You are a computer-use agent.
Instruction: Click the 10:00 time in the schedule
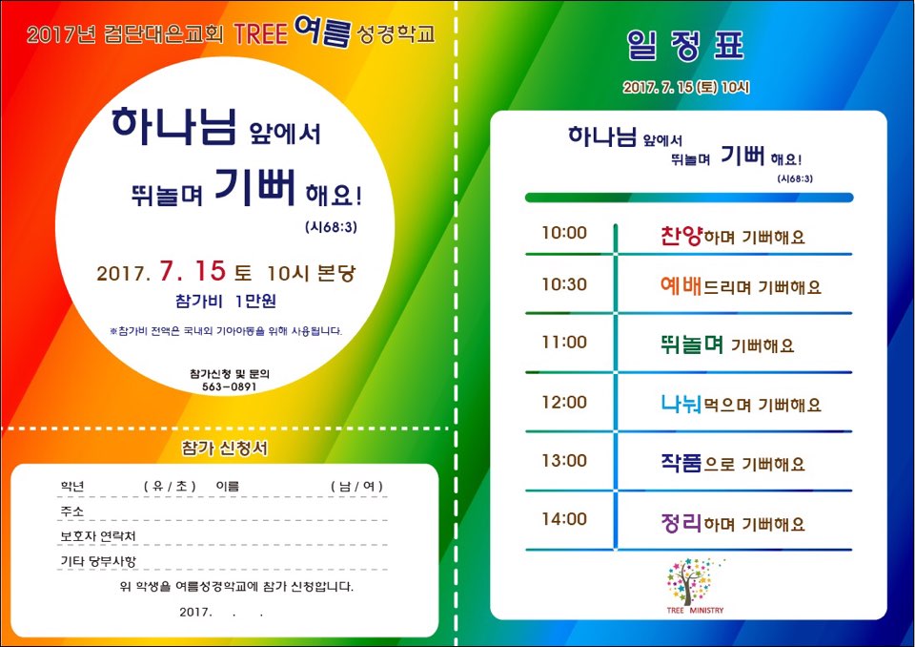point(563,233)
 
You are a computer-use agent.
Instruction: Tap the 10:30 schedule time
point(563,284)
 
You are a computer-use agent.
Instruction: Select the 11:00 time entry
point(563,342)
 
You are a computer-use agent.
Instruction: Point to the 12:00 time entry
point(563,402)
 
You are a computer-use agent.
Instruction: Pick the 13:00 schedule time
point(563,461)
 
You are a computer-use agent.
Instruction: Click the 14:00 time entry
point(563,519)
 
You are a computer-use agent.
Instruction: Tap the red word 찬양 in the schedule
point(681,236)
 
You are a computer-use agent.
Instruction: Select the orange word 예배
point(681,285)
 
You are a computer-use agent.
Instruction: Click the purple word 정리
point(681,522)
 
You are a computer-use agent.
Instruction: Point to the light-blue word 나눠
point(681,404)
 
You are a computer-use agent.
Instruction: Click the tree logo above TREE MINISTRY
point(693,581)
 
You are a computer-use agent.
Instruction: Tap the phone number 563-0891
point(230,386)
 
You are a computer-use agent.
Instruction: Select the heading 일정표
point(685,45)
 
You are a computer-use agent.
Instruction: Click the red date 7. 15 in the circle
point(193,271)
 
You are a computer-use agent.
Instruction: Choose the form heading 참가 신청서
point(225,449)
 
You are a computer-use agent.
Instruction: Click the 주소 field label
point(72,511)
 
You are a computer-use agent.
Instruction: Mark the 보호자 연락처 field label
point(98,536)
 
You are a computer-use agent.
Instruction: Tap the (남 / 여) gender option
point(356,487)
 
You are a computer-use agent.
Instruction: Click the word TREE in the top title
point(261,34)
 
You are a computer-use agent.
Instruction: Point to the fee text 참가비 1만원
point(226,301)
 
